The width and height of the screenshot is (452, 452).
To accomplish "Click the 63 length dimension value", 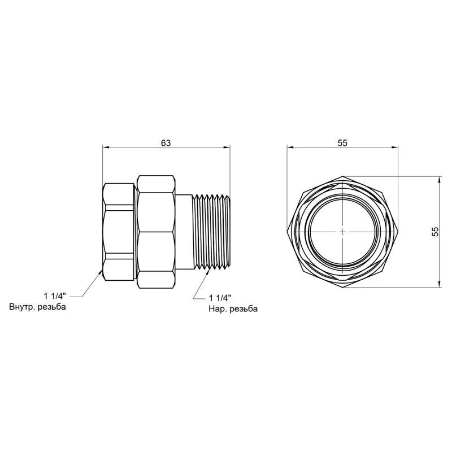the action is (166, 143).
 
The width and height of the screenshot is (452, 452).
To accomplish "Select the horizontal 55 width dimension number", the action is (342, 143).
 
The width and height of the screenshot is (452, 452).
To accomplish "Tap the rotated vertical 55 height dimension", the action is (435, 232).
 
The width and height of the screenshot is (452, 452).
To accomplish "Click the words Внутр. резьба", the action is (37, 307).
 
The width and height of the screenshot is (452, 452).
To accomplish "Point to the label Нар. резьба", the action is (233, 309).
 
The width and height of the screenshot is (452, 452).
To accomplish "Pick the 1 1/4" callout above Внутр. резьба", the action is (55, 296).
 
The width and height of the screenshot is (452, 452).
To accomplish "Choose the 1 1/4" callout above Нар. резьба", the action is (220, 298).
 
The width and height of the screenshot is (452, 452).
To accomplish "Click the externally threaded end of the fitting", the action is (211, 232).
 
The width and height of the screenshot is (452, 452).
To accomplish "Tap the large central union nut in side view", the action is (156, 232).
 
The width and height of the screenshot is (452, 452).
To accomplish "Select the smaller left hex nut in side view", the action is (119, 232).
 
